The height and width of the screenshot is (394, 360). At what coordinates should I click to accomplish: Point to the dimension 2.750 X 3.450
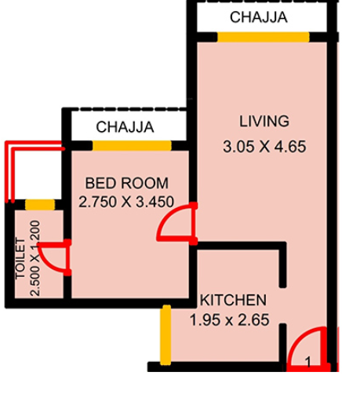[126, 201]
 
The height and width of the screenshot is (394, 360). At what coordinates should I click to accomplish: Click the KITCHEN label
[235, 301]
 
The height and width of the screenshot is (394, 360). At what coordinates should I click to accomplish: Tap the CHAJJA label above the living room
[258, 16]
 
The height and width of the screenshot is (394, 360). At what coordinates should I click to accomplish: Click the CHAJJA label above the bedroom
[124, 126]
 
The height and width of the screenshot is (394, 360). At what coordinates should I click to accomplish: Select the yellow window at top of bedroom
[131, 145]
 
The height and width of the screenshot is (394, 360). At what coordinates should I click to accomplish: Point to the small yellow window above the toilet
[39, 205]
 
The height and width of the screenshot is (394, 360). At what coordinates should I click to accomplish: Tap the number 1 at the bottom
[308, 363]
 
